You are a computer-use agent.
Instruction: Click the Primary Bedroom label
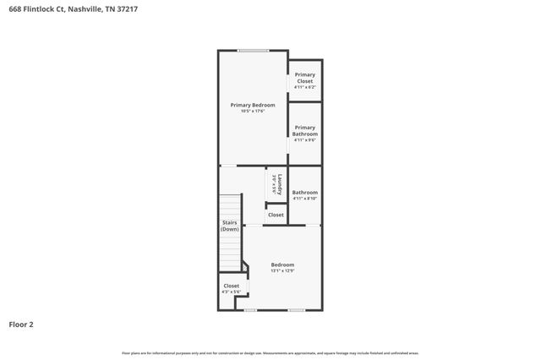(253, 105)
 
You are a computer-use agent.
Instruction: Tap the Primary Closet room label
(304, 74)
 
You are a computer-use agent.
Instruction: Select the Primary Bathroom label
(304, 130)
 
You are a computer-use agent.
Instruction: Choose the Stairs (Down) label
(229, 226)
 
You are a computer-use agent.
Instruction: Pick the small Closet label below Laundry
(276, 215)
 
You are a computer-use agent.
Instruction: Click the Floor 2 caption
(21, 324)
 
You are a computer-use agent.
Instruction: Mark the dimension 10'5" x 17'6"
(253, 111)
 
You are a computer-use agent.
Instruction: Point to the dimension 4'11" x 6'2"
(304, 87)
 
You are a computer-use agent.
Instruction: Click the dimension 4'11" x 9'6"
(304, 140)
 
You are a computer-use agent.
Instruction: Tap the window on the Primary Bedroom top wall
(253, 51)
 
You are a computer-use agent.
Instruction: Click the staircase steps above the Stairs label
(230, 208)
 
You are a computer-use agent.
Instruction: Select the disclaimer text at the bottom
(270, 352)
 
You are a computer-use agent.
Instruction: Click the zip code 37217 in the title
(128, 9)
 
